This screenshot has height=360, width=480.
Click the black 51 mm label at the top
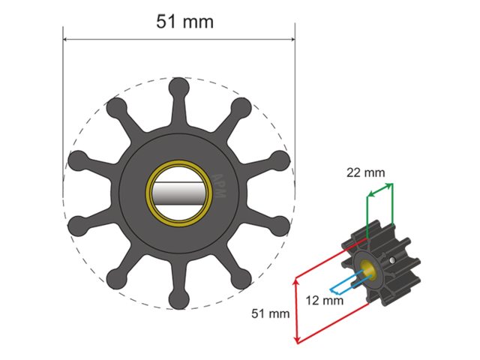pos(184,21)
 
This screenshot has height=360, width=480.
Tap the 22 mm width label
pos(366,172)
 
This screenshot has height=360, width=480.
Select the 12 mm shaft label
pos(325,301)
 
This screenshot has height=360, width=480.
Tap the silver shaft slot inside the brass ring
pos(179,196)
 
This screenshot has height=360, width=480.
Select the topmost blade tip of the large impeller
pos(179,88)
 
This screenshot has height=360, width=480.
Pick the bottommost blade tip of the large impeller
pos(179,300)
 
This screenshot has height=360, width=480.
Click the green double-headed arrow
pos(379,192)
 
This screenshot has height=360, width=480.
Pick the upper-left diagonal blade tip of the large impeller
pos(118,108)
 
